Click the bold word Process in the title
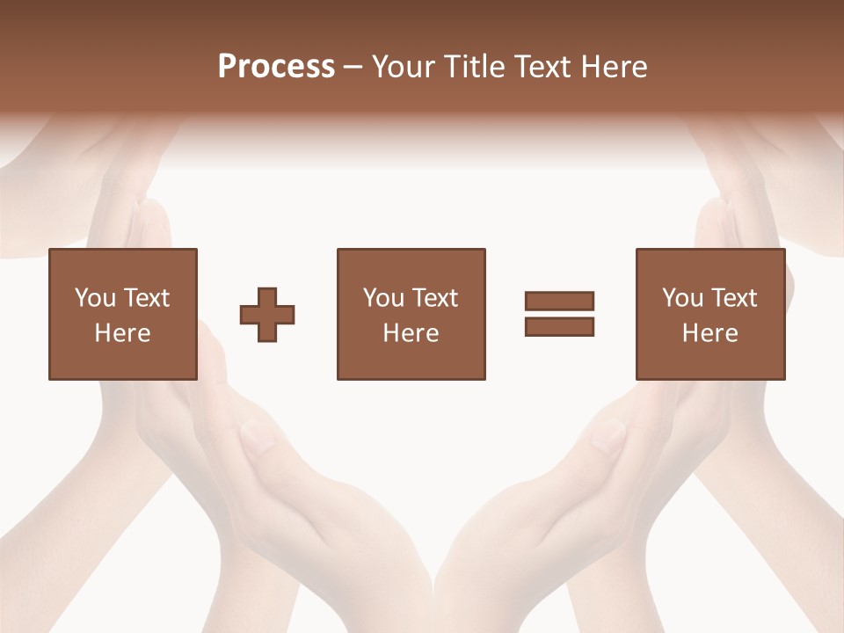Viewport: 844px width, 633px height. point(276,67)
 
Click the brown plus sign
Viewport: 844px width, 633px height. point(267,315)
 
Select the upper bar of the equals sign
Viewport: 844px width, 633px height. point(559,301)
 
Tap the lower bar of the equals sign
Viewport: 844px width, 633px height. point(559,326)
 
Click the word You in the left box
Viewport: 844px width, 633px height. point(95,298)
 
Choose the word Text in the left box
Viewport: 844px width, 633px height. point(145,298)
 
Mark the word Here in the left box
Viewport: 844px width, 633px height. point(122,333)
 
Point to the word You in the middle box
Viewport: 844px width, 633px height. point(383,298)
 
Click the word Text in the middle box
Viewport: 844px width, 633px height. point(433,298)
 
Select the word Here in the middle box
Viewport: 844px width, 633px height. point(411,333)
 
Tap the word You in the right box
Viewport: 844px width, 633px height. point(682,298)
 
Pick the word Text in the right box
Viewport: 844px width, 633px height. point(732,298)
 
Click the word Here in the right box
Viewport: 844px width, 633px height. point(709,333)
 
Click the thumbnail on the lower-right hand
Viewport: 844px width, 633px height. point(607,436)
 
